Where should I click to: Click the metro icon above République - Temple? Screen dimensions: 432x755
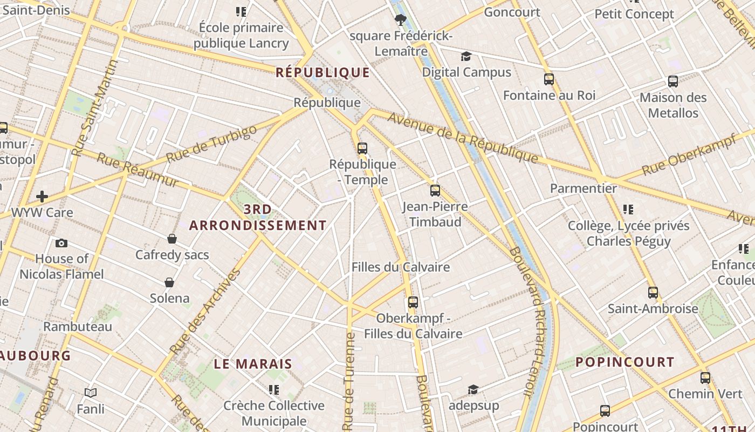[362, 148]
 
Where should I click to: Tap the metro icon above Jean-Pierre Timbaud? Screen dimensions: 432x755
[435, 190]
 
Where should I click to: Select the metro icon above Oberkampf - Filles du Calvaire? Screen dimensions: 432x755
[413, 302]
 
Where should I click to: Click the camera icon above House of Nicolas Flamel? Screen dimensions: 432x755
[61, 243]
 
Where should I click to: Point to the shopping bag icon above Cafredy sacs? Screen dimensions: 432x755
[172, 239]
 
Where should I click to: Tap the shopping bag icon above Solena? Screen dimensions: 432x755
[169, 282]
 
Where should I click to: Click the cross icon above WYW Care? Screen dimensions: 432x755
[42, 197]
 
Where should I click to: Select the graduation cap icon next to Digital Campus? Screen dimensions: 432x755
[465, 57]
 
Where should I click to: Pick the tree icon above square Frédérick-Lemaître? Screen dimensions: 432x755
[400, 21]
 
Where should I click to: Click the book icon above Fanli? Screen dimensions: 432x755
[91, 393]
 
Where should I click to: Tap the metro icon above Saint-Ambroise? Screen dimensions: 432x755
[653, 293]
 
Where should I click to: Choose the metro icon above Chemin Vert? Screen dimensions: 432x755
[705, 378]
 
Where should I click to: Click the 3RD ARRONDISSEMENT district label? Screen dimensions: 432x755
[258, 218]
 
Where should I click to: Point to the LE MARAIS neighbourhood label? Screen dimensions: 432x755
[253, 364]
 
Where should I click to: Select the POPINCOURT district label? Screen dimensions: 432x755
[624, 362]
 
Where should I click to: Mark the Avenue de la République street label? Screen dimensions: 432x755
[462, 137]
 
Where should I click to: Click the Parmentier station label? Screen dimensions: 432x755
[583, 188]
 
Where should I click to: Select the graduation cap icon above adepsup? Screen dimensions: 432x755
[473, 389]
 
